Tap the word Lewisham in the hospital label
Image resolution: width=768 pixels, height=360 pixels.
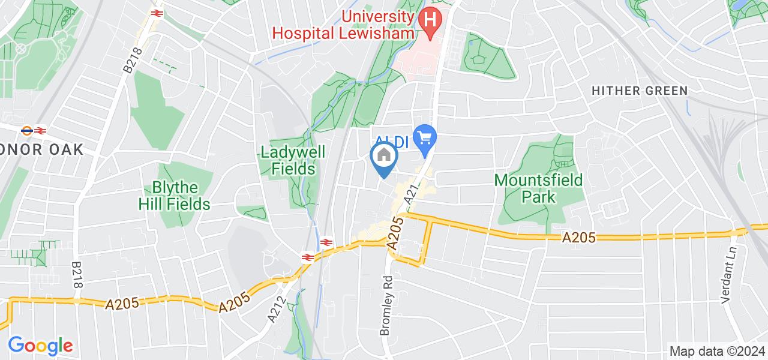(x=379, y=32)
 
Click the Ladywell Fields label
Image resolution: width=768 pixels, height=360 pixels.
(x=293, y=160)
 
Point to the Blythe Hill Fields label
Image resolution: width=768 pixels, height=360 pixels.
(x=174, y=195)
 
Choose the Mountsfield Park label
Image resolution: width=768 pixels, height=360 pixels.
(x=530, y=188)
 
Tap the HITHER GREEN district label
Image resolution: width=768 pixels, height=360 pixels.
(x=640, y=91)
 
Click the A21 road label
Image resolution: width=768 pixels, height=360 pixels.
(x=412, y=193)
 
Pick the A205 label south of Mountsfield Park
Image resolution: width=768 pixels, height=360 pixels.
(x=579, y=238)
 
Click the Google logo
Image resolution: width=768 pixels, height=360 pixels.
(x=40, y=346)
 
